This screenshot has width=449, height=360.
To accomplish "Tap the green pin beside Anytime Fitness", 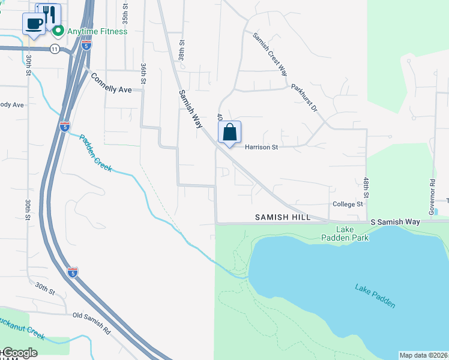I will click(x=58, y=31).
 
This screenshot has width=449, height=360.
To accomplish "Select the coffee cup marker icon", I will click(x=33, y=24).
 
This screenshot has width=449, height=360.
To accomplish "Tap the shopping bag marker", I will click(x=230, y=132).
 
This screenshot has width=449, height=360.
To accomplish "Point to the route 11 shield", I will click(x=55, y=49).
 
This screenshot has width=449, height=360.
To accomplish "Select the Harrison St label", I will click(x=261, y=146).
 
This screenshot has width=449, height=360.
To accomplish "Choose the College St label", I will click(x=348, y=204).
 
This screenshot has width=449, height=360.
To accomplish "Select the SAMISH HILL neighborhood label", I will click(x=282, y=217).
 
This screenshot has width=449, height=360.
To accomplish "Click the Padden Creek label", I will click(x=95, y=152).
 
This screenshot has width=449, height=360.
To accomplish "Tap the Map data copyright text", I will click(x=423, y=355).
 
